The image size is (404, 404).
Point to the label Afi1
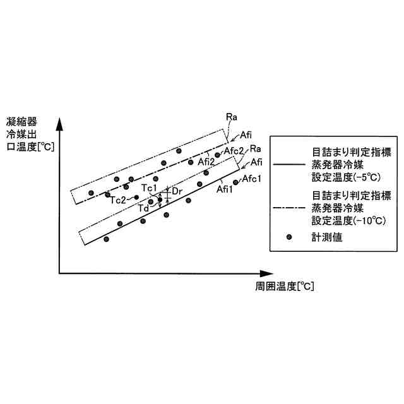click(225, 188)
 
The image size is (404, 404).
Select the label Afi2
click(206, 162)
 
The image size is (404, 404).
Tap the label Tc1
click(149, 188)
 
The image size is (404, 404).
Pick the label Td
click(143, 208)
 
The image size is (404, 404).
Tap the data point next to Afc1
click(235, 182)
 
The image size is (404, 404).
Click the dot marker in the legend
click(289, 237)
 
